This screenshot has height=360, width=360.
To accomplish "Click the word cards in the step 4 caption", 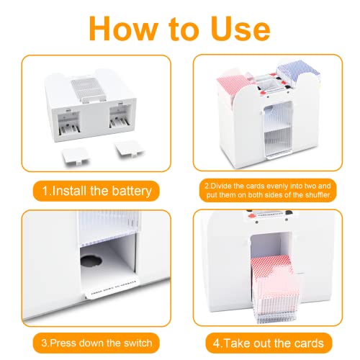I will point(301,343).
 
